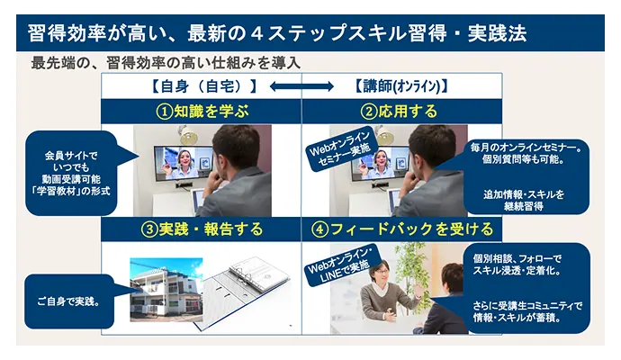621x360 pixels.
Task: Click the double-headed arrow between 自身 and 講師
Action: click(301, 85)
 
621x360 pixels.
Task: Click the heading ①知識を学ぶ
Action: click(202, 112)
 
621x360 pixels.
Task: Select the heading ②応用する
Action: click(399, 112)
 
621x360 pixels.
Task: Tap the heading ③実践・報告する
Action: click(202, 229)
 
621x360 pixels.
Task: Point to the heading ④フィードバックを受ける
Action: click(402, 229)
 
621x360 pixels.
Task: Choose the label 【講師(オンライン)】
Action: click(400, 85)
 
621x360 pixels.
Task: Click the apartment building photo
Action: click(166, 290)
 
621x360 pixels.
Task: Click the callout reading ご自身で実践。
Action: click(69, 301)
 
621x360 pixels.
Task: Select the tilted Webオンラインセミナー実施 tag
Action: click(339, 149)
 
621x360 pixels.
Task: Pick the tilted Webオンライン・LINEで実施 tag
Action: click(340, 265)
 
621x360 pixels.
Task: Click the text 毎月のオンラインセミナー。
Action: click(526, 148)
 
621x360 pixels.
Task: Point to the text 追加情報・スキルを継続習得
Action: click(524, 200)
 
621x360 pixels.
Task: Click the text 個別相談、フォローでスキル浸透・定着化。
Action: click(517, 265)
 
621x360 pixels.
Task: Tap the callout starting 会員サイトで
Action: click(71, 173)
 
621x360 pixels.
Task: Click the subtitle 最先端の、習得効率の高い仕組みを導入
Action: click(166, 63)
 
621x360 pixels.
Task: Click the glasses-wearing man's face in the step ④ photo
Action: click(381, 272)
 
